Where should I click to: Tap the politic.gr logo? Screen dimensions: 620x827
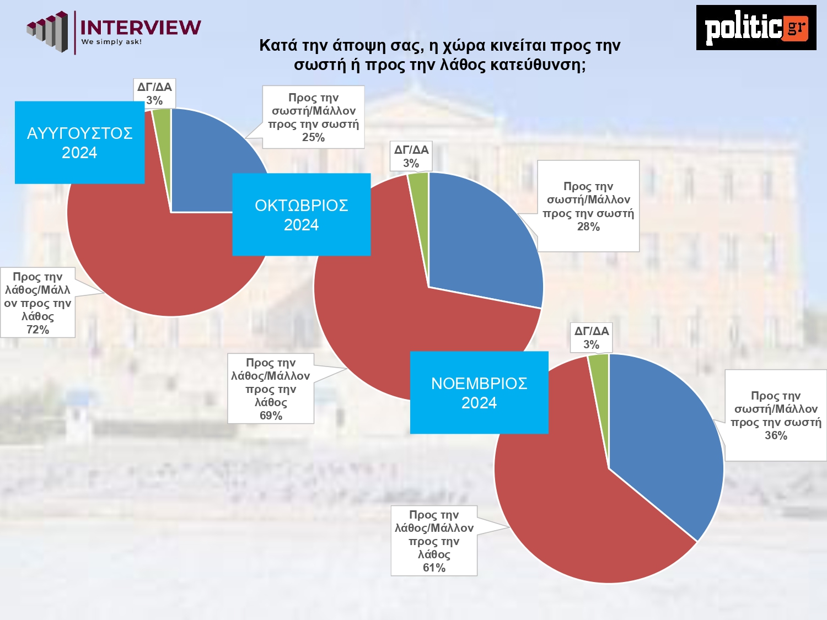click(x=756, y=28)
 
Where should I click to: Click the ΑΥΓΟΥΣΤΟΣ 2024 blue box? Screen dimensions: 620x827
click(x=79, y=142)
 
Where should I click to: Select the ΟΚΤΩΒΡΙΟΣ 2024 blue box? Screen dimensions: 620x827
click(x=301, y=214)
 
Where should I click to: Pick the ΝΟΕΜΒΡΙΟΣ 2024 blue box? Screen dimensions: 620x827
click(x=479, y=392)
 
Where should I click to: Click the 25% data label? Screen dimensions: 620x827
click(x=313, y=117)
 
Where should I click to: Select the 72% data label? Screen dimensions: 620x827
click(x=37, y=303)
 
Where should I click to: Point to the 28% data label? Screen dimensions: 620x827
click(x=588, y=206)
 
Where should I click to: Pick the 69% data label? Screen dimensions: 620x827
click(x=271, y=389)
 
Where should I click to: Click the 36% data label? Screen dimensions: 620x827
click(x=776, y=415)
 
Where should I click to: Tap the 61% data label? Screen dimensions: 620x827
click(x=434, y=541)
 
